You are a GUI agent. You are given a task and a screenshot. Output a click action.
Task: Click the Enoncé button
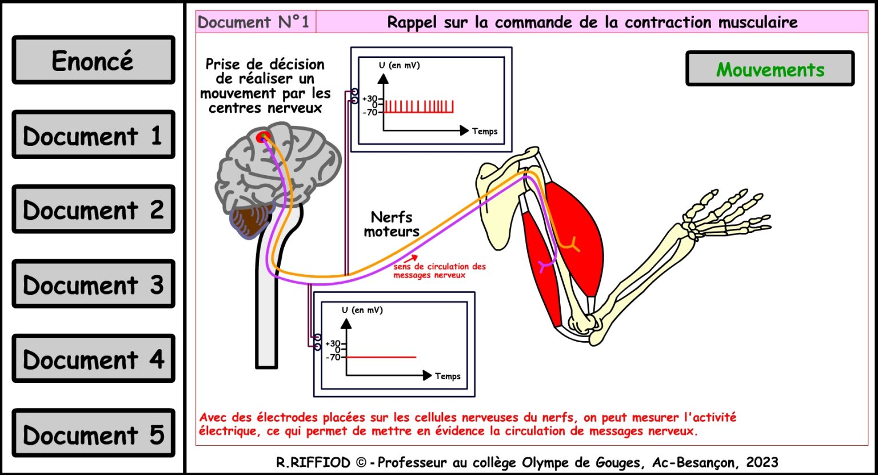pos(93,60)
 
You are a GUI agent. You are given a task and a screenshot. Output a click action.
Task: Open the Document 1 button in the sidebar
pos(93,134)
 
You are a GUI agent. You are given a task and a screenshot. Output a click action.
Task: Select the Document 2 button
pos(93,209)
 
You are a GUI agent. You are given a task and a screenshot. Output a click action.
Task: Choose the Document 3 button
pos(93,284)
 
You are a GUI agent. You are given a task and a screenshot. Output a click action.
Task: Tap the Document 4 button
pos(93,358)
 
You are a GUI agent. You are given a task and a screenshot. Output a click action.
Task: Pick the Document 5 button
pos(93,433)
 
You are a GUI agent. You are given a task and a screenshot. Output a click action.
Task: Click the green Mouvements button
pos(770,69)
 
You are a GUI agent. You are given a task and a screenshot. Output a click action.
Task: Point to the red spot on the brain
pos(263,137)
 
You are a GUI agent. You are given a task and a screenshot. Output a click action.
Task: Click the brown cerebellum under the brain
pos(251,222)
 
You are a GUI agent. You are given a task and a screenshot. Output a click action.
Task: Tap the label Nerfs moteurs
pos(392,224)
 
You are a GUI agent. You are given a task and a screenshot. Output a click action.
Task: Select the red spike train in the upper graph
pos(418,107)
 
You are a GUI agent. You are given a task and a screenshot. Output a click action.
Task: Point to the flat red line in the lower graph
pos(381,357)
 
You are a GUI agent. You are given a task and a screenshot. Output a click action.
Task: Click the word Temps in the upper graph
pos(485,131)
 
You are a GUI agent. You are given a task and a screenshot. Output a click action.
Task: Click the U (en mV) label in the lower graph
pos(362,310)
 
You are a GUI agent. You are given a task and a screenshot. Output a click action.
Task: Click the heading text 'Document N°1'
pos(253,22)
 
